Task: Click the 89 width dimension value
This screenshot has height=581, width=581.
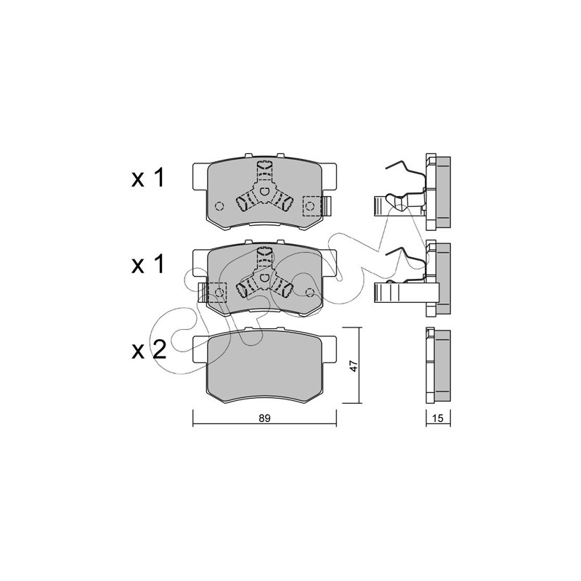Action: (x=265, y=418)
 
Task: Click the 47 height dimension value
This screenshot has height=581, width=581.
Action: (x=354, y=366)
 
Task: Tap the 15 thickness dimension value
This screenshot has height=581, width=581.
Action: (x=438, y=418)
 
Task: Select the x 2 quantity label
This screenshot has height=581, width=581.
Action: (x=149, y=350)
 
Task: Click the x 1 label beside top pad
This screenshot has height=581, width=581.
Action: (x=148, y=179)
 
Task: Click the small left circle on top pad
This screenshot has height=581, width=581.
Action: (x=219, y=206)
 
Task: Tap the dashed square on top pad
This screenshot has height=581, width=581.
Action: (x=312, y=206)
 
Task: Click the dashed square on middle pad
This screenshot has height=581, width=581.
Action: (x=217, y=293)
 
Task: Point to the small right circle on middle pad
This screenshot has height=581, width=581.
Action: (x=310, y=293)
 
